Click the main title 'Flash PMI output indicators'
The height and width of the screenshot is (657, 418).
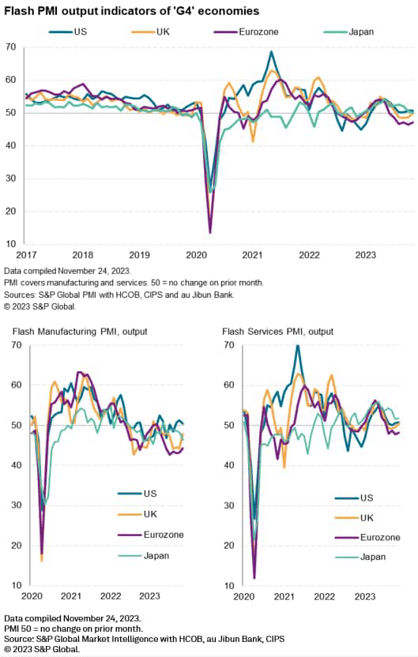click(x=131, y=11)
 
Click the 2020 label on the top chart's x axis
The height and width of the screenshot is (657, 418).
click(x=196, y=254)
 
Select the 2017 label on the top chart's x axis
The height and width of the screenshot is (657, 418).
click(x=27, y=254)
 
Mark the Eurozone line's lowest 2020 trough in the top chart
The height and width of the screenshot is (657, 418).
click(x=209, y=232)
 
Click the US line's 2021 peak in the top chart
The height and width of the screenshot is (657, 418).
click(x=271, y=52)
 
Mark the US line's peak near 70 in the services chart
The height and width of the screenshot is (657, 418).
click(x=297, y=346)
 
